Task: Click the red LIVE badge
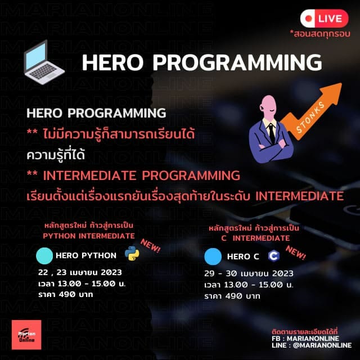324,19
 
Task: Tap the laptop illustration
44,62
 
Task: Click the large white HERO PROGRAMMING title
202,62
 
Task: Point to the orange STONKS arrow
312,111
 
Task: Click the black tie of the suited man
272,133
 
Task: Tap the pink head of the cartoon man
268,107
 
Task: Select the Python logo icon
132,253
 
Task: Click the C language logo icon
274,256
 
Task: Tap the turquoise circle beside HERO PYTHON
44,256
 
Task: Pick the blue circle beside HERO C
213,256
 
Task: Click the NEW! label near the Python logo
150,246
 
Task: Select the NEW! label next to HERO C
295,253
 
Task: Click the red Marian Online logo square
26,335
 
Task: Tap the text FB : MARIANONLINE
305,339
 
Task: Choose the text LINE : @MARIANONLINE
312,345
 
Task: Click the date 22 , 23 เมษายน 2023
80,272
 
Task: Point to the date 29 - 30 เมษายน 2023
249,273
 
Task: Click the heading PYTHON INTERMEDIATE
89,236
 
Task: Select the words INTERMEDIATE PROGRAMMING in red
141,175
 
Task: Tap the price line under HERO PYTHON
66,294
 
